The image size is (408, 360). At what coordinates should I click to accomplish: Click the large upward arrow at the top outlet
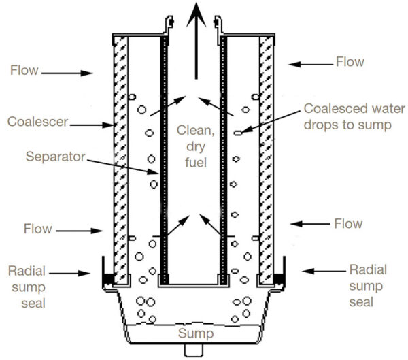pos(196,41)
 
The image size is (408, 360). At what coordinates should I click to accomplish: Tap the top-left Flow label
pos(24,69)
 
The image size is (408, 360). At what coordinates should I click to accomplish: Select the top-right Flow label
pos(351,63)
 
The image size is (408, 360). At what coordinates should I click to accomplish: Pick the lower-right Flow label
pos(349,223)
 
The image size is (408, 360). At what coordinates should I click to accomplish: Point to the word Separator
pos(54,157)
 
